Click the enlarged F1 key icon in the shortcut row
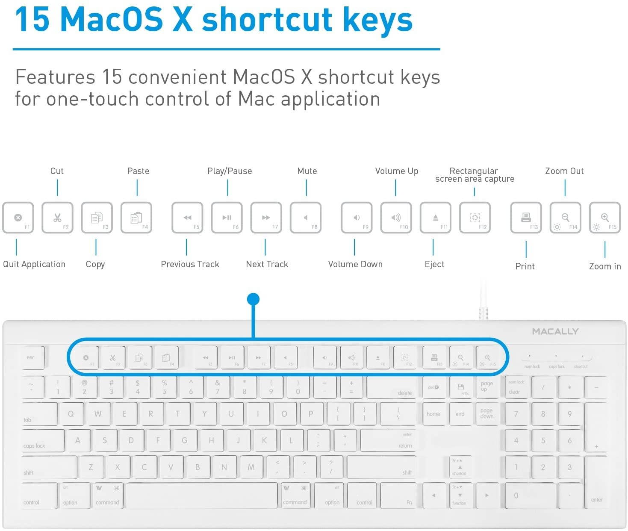18,218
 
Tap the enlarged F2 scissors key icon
57,218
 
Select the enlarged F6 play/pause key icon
227,218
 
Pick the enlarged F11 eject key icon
436,218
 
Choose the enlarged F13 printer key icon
526,218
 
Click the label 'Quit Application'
34,264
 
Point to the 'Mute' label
307,171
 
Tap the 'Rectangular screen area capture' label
475,175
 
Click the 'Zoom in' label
605,266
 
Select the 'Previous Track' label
190,264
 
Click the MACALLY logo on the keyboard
555,331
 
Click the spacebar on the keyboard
202,496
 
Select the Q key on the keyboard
71,414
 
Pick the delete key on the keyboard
391,387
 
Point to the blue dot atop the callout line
254,299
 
